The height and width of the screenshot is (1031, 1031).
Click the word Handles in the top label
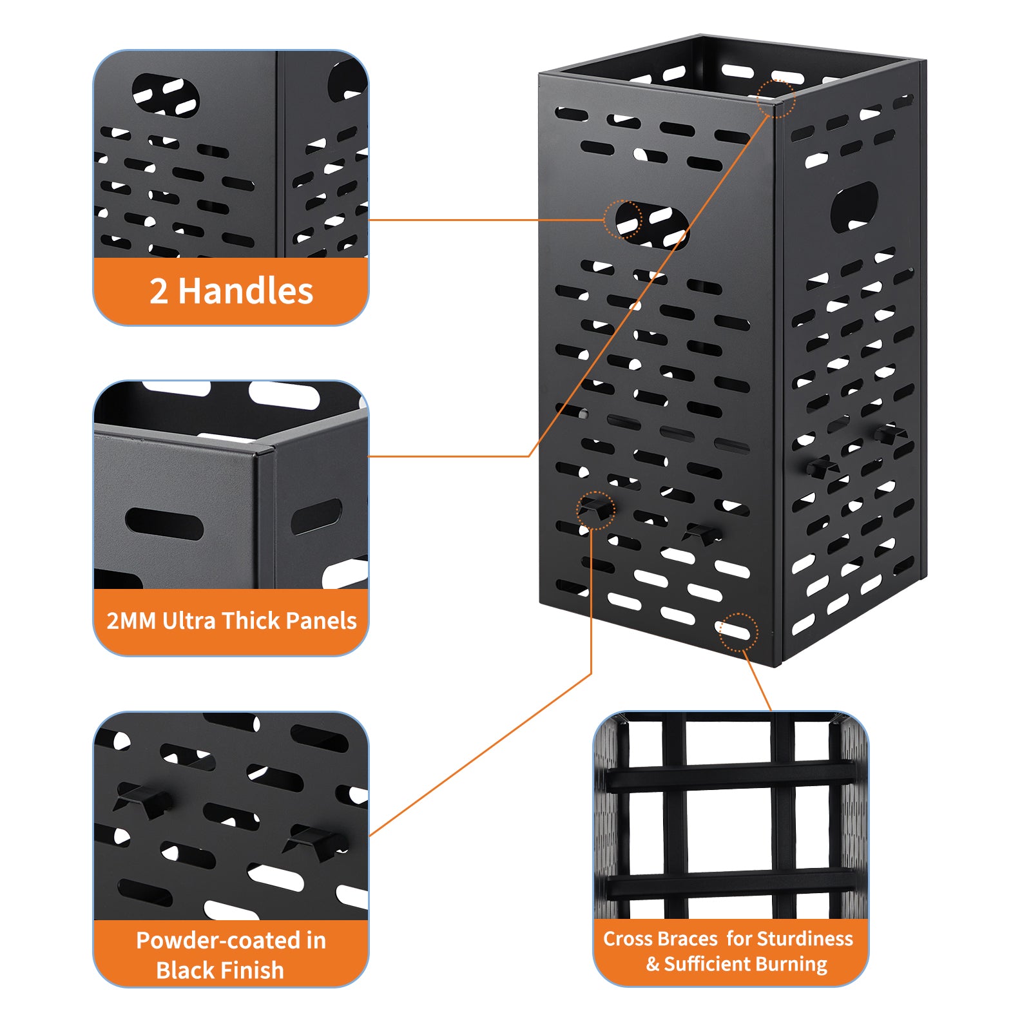tap(246, 291)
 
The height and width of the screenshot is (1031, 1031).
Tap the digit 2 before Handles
tap(159, 291)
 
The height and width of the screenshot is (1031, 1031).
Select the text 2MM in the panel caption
tap(131, 621)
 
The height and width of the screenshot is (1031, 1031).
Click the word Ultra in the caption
tap(189, 621)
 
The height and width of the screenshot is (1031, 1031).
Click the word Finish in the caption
tap(252, 970)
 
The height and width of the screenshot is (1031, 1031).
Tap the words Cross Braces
tap(660, 938)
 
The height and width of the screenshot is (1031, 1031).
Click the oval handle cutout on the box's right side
tap(854, 207)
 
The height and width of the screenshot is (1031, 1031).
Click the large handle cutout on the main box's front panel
tap(651, 225)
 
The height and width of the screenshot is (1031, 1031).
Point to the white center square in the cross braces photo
tap(729, 830)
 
